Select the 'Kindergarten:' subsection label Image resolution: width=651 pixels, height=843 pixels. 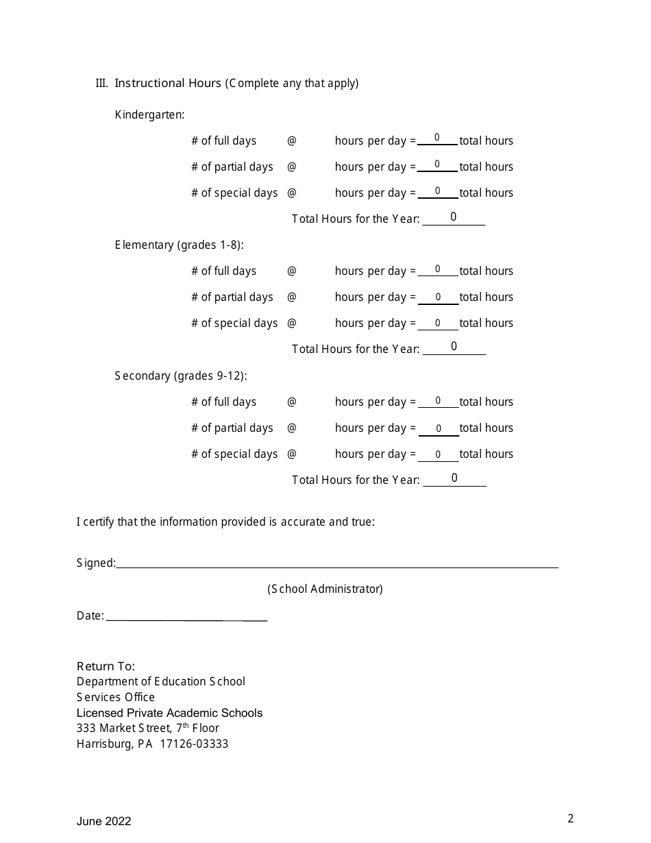(149, 115)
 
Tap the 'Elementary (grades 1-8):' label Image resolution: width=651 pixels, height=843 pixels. (179, 245)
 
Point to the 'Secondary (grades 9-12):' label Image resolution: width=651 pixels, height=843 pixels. (181, 376)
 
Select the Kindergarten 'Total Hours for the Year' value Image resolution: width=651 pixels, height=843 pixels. (454, 217)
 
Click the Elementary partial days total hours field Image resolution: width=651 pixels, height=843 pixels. (438, 297)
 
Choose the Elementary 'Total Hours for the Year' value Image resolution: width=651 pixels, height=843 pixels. (454, 347)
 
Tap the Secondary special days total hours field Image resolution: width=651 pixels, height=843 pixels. (438, 454)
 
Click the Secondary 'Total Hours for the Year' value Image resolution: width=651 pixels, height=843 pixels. (454, 478)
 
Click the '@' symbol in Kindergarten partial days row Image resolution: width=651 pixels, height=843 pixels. (291, 167)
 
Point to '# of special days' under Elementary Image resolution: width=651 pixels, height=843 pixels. (234, 323)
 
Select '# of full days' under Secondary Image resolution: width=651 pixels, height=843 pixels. (223, 402)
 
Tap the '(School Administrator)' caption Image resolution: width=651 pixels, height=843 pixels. (325, 589)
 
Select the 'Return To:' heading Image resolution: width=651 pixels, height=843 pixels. (106, 666)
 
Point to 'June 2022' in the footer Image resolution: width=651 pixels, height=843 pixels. (103, 821)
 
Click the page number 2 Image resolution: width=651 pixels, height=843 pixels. (570, 818)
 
